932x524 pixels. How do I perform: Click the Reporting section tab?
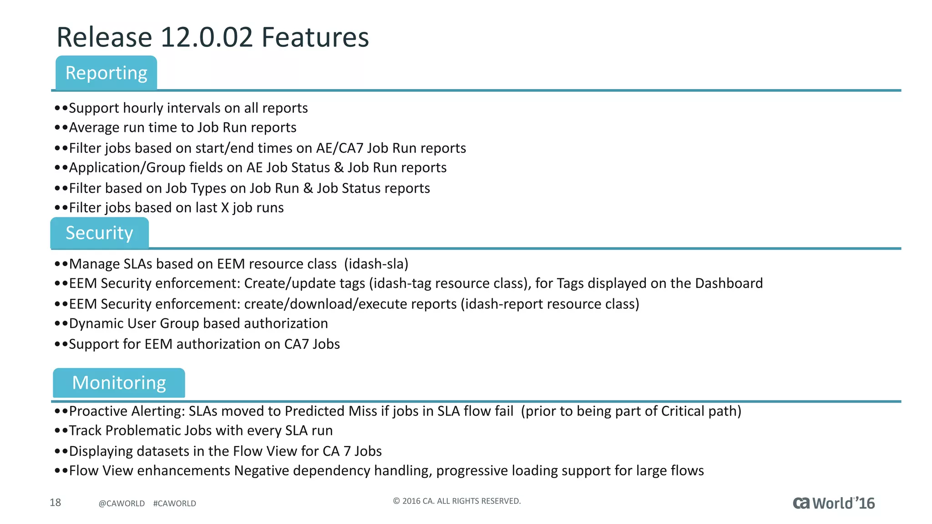point(106,73)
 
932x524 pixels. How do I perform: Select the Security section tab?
point(99,233)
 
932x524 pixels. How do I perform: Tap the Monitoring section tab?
point(119,383)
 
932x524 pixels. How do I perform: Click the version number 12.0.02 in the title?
point(206,37)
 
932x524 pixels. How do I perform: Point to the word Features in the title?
point(315,37)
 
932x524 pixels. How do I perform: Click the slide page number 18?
point(55,502)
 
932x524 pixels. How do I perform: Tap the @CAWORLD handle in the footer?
point(122,504)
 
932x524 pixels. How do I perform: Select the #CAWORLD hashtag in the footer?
point(174,504)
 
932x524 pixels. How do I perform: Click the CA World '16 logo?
point(833,503)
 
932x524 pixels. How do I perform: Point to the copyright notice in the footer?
point(456,501)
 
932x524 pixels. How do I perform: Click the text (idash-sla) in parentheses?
point(376,264)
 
